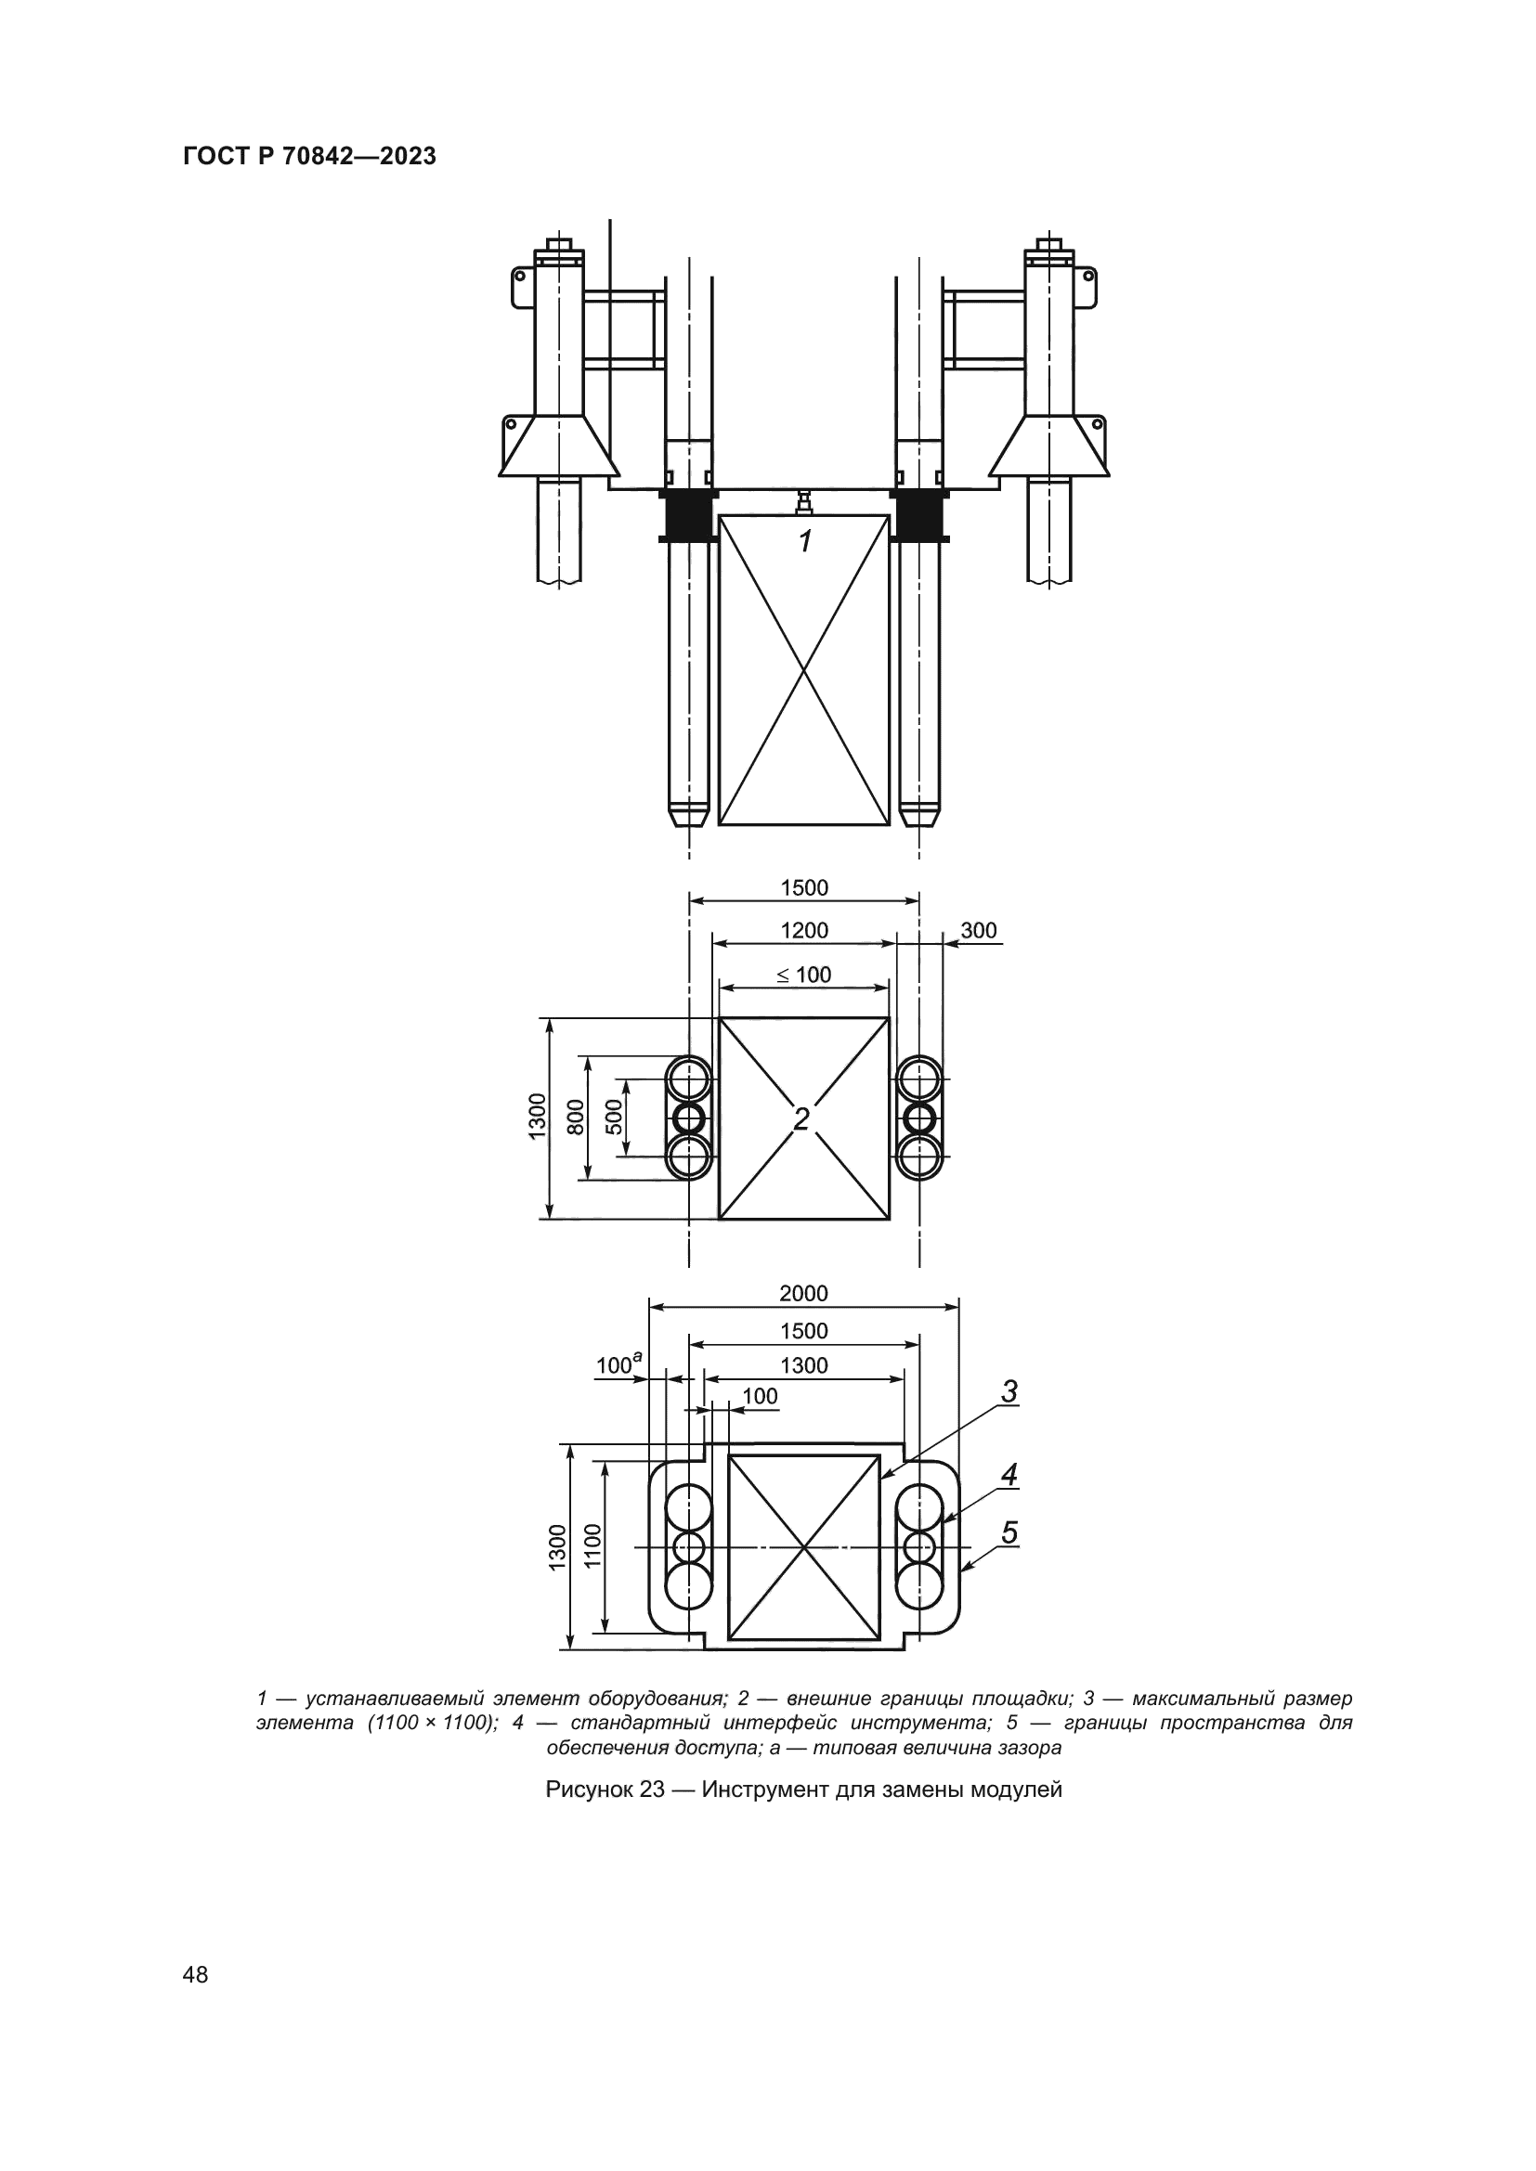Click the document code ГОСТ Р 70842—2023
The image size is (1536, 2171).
[x=309, y=157]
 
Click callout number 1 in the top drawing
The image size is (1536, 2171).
[x=805, y=542]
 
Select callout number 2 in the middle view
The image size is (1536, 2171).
[x=801, y=1119]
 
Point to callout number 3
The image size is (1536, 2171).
[x=1009, y=1392]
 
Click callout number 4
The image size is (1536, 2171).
[x=1009, y=1474]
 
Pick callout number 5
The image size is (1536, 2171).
[x=1009, y=1532]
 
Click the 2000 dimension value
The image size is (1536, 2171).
[x=803, y=1294]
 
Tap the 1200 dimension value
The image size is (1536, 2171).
[x=804, y=930]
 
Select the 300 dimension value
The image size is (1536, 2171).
[x=978, y=930]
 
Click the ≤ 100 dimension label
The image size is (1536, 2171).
[x=804, y=975]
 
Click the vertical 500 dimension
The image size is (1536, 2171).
[x=614, y=1118]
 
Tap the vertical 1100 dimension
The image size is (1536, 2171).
[x=593, y=1545]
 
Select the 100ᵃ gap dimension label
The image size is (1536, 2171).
[x=618, y=1365]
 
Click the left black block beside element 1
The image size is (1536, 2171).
[x=687, y=515]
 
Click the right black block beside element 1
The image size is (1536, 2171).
[x=918, y=515]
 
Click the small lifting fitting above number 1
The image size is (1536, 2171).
[x=804, y=502]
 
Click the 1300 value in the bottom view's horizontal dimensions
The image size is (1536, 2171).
[x=804, y=1365]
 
